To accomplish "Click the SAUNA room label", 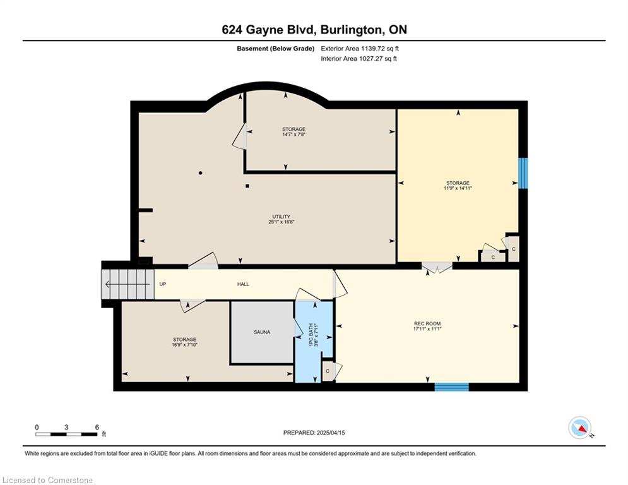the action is [x=262, y=332].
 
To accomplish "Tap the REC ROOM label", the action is [x=427, y=324].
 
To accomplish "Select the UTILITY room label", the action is [x=281, y=217].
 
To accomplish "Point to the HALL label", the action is [x=243, y=284].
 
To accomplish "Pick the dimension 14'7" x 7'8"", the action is [x=294, y=135].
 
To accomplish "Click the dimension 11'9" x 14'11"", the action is [x=458, y=188].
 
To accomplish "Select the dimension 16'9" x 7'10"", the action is [x=185, y=345].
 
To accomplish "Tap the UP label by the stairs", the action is [x=163, y=284].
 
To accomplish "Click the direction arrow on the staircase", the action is [x=127, y=285].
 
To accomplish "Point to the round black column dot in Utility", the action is [x=200, y=173].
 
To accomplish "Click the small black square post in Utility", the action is [x=247, y=186].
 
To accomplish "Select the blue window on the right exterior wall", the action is [x=523, y=173].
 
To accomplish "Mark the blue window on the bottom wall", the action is [x=452, y=387].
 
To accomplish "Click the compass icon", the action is [x=580, y=428].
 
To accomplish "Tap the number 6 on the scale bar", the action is [x=97, y=428].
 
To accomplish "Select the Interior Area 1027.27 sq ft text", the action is [x=359, y=59].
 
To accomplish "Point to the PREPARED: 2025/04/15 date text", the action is [x=314, y=433].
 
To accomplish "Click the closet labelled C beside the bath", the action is [x=328, y=371].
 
